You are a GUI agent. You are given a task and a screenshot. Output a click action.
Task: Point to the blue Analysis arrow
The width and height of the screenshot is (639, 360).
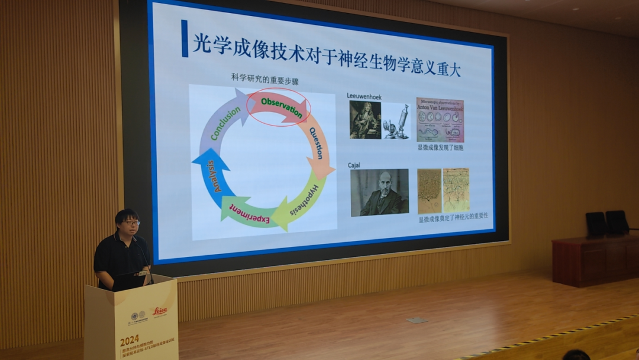[211, 176]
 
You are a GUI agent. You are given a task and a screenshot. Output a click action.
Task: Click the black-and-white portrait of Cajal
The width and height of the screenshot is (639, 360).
[379, 192]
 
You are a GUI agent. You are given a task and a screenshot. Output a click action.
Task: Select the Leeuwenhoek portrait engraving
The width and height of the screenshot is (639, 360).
[364, 120]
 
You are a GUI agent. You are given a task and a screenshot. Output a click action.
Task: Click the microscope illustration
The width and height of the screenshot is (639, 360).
[396, 121]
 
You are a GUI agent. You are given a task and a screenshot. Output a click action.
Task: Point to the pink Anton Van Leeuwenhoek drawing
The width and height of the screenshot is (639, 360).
[440, 120]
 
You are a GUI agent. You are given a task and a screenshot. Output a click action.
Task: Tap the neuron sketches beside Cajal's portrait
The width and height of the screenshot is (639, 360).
[443, 191]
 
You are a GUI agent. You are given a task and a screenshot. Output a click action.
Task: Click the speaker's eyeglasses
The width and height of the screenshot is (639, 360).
[131, 223]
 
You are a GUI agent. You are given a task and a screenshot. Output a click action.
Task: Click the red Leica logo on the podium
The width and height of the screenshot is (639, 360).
[160, 310]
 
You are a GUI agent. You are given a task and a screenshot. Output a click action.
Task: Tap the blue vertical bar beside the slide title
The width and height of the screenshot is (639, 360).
[185, 38]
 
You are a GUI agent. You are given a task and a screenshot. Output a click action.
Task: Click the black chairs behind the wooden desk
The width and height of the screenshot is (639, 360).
[606, 223]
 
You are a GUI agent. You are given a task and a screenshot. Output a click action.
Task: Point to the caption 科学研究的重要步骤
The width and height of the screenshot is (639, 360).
[264, 77]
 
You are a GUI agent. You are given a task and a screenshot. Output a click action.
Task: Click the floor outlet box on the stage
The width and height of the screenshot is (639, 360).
[417, 320]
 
